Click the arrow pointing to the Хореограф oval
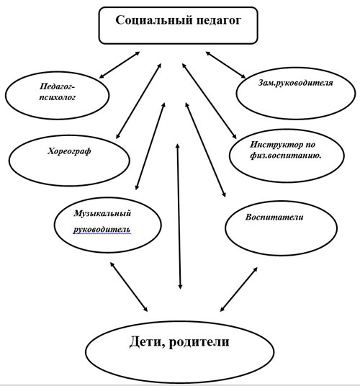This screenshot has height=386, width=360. pyautogui.click(x=137, y=101)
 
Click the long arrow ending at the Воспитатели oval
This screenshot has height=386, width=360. pyautogui.click(x=206, y=151)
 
